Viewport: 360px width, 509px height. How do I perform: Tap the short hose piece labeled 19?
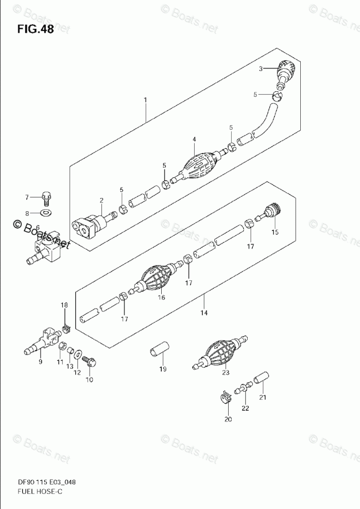pyautogui.click(x=158, y=350)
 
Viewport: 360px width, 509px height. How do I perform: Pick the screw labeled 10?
pyautogui.click(x=90, y=362)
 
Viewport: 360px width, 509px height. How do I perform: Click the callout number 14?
pyautogui.click(x=203, y=313)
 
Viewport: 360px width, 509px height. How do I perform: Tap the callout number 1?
pyautogui.click(x=146, y=99)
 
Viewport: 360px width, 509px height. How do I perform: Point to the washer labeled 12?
pyautogui.click(x=79, y=354)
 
